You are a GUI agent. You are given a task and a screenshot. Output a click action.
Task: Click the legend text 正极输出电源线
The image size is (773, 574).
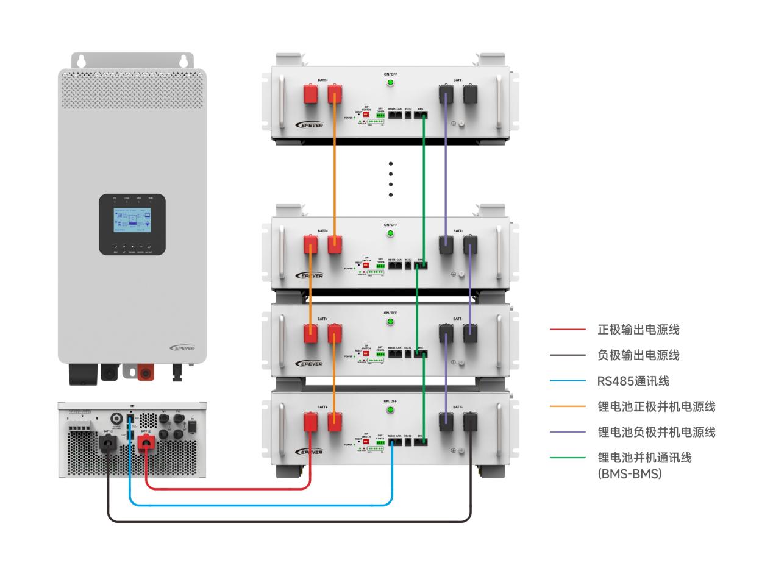(638, 330)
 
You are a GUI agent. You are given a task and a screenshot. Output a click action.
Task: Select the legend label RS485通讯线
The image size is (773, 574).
(633, 381)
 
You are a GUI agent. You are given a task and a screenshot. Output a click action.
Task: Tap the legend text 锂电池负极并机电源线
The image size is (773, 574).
(656, 432)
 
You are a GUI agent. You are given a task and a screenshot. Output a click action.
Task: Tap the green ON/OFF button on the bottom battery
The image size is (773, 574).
(391, 409)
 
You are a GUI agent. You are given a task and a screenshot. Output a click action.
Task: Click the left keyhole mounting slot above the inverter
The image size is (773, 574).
(81, 61)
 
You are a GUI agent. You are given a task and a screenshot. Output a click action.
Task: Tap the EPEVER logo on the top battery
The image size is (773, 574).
(309, 125)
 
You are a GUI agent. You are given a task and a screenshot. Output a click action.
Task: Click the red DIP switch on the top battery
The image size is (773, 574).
(366, 114)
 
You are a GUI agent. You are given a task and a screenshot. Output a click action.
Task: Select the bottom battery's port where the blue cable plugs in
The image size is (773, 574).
(392, 442)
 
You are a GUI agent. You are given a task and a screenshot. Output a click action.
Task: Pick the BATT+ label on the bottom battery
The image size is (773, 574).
(322, 406)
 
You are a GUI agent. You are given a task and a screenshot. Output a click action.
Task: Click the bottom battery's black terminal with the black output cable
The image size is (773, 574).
(470, 422)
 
